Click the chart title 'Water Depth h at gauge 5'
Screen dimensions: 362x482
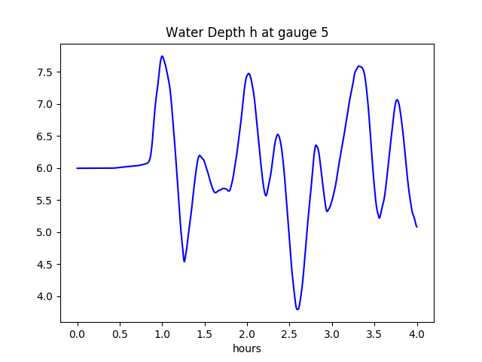coord(247,33)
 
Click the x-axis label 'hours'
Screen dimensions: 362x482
coord(247,348)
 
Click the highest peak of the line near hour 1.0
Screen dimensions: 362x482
coord(162,56)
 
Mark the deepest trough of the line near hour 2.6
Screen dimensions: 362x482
coord(297,309)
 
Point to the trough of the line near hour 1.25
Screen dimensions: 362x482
coord(185,261)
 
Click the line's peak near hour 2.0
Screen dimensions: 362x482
coord(249,74)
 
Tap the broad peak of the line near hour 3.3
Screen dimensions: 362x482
coord(360,66)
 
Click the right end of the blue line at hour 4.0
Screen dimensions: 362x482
coord(416,226)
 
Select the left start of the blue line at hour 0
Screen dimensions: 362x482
coord(78,168)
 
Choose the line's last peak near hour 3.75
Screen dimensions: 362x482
coord(397,100)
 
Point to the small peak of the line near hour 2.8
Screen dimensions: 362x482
coord(316,145)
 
